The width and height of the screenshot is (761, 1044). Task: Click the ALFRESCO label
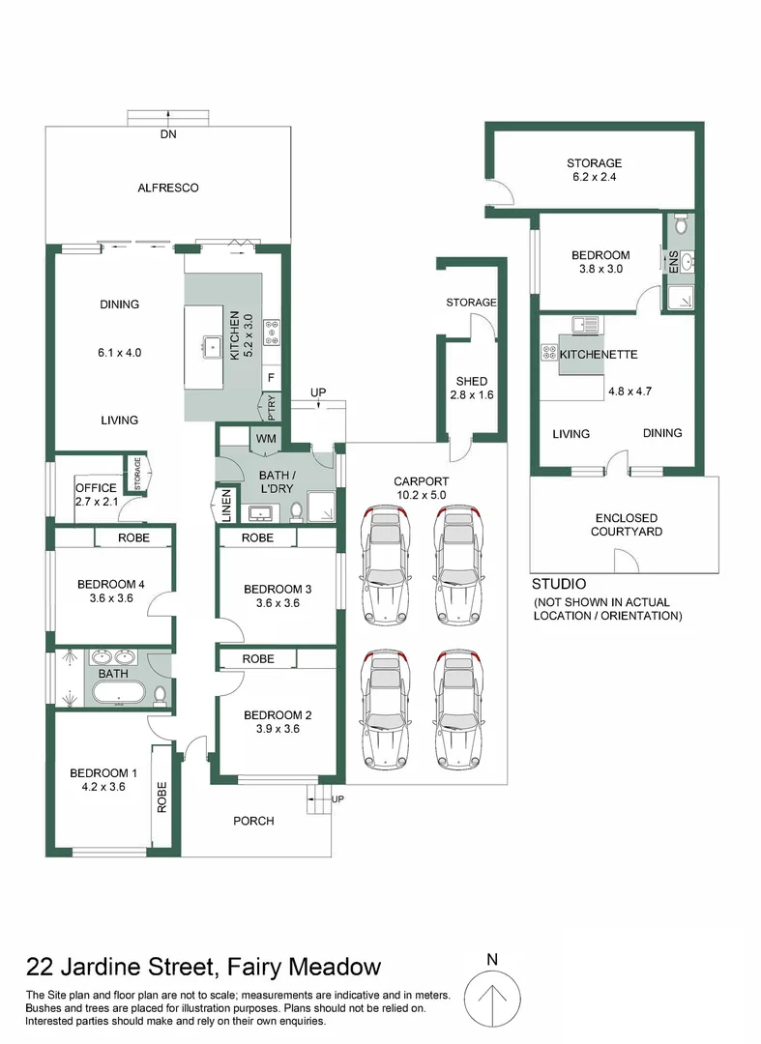tap(167, 188)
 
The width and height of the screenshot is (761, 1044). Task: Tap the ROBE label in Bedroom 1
tap(162, 796)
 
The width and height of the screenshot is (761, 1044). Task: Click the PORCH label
tap(253, 821)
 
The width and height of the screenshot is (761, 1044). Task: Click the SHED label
tap(471, 381)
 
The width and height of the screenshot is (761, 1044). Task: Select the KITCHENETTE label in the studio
tap(599, 355)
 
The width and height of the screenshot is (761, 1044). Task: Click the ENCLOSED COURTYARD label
tap(627, 525)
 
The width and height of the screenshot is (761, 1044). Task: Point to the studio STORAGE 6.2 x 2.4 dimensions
tap(594, 178)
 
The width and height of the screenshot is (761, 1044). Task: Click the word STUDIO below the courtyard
tap(559, 585)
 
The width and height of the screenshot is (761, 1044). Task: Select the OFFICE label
tap(96, 488)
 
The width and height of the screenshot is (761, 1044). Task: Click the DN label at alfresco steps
tap(167, 134)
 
